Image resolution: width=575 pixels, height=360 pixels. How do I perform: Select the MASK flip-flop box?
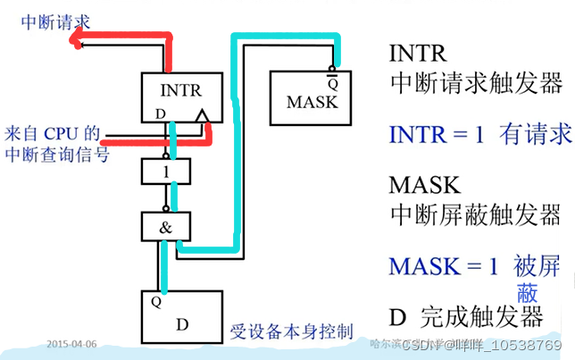tap(312, 97)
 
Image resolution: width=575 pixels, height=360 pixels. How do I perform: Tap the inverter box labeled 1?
tap(168, 171)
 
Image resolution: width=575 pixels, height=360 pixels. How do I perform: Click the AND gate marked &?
tap(167, 227)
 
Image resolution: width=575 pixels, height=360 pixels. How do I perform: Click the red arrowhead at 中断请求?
tap(79, 38)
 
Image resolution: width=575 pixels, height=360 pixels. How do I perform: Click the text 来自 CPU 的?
tap(51, 132)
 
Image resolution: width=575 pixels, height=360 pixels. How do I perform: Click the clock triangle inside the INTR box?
tap(204, 117)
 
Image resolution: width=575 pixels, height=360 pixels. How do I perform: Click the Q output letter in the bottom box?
tap(156, 301)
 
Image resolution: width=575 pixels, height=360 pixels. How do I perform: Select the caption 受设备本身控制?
tap(291, 330)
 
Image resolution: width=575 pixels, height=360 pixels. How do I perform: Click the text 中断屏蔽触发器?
tap(475, 214)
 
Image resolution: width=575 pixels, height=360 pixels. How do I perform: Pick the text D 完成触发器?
tap(466, 316)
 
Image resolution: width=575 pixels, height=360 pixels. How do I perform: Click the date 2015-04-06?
tap(71, 343)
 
